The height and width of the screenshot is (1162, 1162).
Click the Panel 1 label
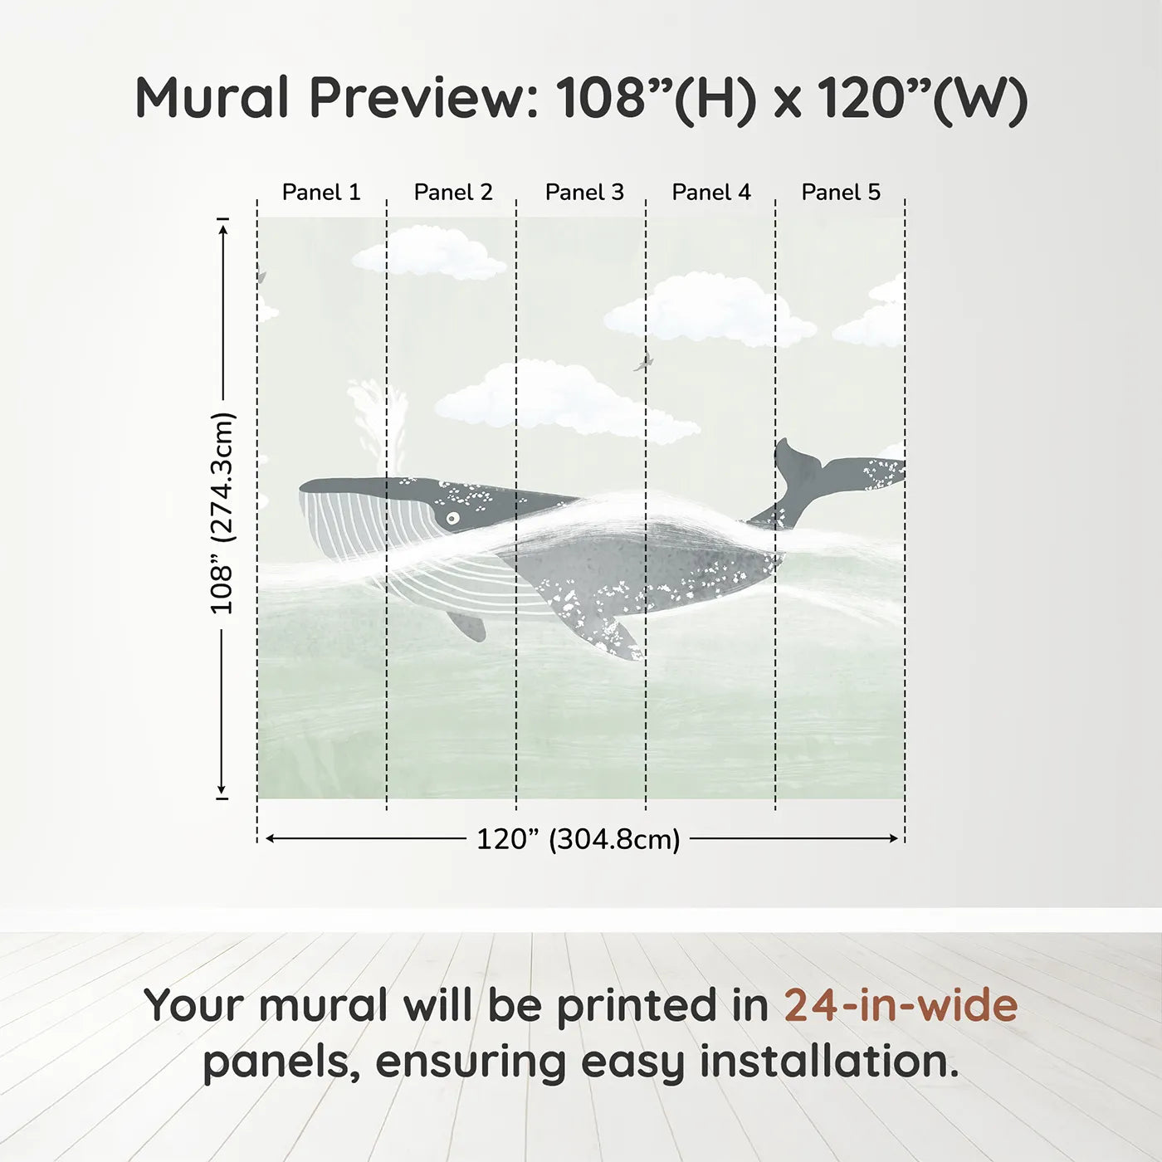321,192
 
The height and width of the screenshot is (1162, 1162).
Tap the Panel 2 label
453,192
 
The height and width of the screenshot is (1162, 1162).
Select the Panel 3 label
584,192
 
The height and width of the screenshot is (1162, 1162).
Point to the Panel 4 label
711,192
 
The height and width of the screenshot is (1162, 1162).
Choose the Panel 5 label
841,192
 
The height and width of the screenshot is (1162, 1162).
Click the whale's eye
452,519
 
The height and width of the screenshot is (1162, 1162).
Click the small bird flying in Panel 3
643,362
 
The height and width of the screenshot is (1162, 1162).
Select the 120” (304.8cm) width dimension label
579,839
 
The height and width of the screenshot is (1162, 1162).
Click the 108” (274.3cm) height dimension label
222,513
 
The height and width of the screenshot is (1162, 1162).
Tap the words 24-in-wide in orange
901,1005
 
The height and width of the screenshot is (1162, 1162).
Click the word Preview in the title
422,98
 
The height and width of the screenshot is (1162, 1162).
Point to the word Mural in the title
212,98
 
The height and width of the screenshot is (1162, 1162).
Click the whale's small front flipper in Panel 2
467,624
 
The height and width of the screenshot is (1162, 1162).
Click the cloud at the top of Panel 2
430,253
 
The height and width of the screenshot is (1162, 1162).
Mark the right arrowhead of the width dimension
895,838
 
